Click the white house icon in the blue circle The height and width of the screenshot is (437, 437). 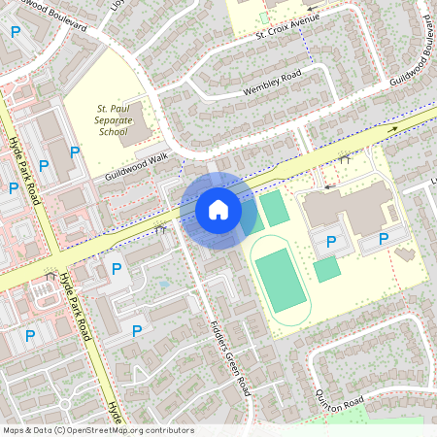pyautogui.click(x=218, y=210)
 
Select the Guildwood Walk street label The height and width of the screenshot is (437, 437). pyautogui.click(x=136, y=166)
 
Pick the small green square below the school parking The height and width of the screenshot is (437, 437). pyautogui.click(x=326, y=270)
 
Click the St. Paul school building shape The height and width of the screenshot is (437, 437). pyautogui.click(x=138, y=124)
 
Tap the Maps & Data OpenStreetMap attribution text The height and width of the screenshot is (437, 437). pyautogui.click(x=97, y=430)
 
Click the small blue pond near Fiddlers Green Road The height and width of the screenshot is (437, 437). pyautogui.click(x=163, y=285)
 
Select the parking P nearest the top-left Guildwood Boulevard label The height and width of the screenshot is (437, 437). pyautogui.click(x=16, y=32)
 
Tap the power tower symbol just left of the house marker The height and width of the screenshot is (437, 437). pyautogui.click(x=161, y=229)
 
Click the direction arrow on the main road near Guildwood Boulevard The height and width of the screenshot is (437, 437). pyautogui.click(x=392, y=128)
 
